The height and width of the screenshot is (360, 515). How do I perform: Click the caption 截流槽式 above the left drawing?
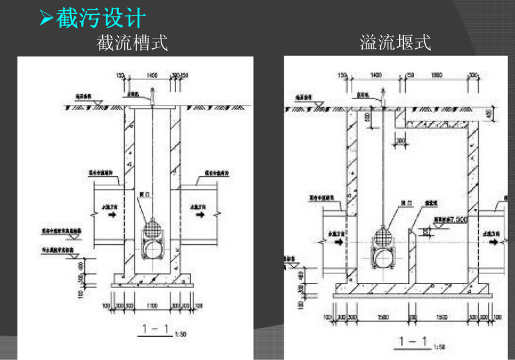click(x=132, y=44)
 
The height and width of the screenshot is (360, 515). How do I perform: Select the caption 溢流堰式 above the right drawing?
click(x=395, y=44)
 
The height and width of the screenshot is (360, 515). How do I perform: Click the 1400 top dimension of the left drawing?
click(x=152, y=76)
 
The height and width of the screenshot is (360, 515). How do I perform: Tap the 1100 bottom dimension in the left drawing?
click(x=152, y=304)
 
